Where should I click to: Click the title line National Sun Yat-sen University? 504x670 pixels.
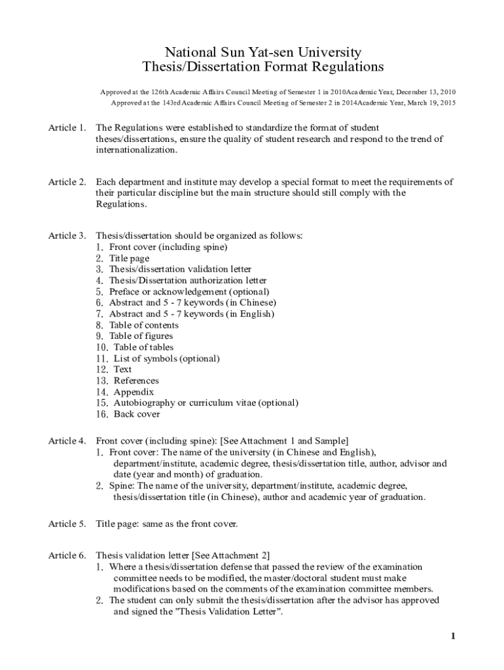click(x=262, y=52)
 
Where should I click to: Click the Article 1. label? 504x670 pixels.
click(x=67, y=128)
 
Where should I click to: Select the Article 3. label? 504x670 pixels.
click(x=67, y=236)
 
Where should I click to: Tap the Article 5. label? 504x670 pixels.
click(x=67, y=523)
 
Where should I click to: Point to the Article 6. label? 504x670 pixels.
click(x=67, y=555)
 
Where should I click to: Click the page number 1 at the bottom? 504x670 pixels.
click(x=452, y=636)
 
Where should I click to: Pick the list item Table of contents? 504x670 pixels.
click(x=143, y=325)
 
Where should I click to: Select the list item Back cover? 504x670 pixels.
click(x=136, y=414)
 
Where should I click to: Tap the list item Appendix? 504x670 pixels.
click(x=134, y=392)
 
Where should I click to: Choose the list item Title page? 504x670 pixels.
click(x=129, y=258)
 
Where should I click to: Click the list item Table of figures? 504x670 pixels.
click(x=141, y=336)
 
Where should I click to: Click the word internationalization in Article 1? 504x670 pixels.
click(x=136, y=150)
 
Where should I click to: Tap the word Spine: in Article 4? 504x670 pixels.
click(x=122, y=485)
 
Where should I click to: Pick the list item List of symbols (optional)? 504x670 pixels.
click(x=166, y=359)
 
